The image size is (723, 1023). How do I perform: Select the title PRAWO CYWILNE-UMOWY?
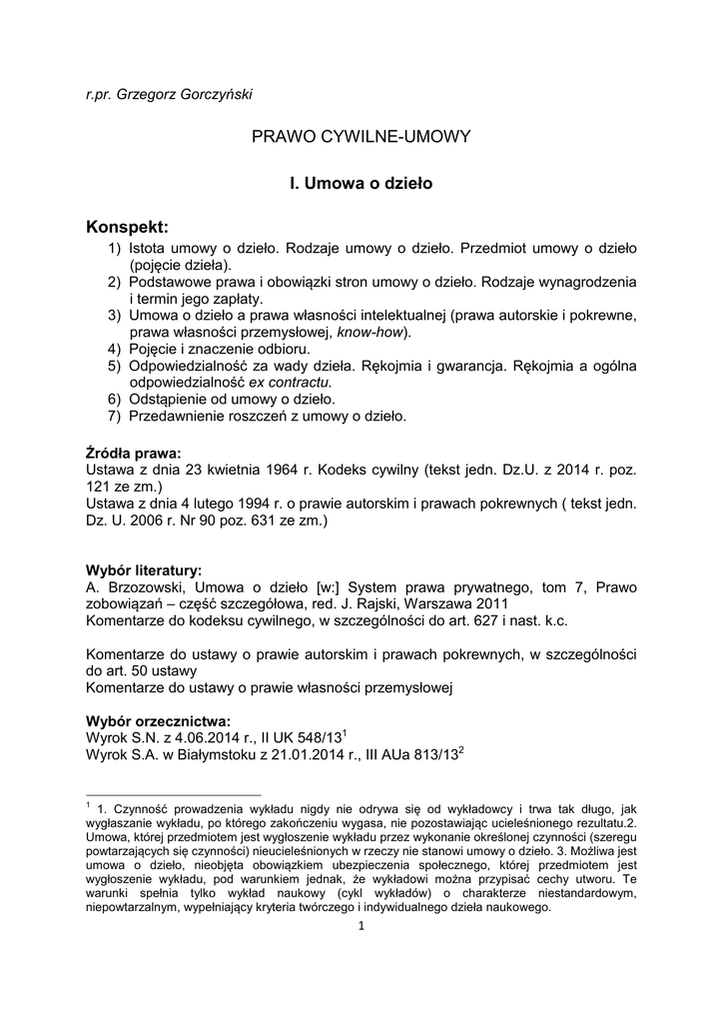tap(361, 137)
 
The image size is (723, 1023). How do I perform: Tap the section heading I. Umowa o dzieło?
tap(361, 184)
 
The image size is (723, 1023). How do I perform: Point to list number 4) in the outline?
tap(115, 349)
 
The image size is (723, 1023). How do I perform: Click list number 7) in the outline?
tap(115, 415)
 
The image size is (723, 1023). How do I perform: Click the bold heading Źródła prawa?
tap(133, 452)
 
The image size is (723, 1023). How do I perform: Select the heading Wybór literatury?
tap(144, 570)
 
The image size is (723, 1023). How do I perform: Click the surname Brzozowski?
tap(143, 587)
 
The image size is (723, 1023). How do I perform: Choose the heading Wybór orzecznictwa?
tap(158, 720)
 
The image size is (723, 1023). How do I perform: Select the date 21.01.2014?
tap(305, 755)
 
